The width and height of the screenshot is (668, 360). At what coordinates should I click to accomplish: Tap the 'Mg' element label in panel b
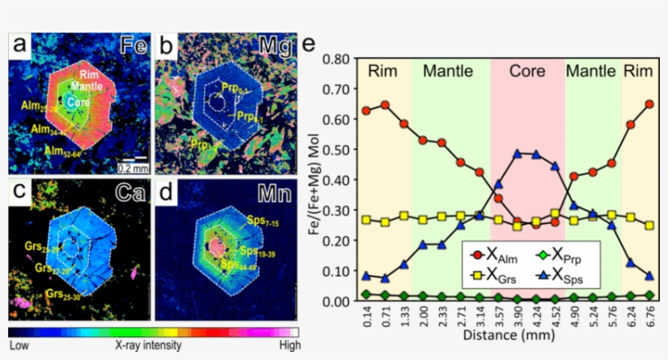coord(279,47)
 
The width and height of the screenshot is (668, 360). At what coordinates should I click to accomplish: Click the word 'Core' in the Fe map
coord(79,103)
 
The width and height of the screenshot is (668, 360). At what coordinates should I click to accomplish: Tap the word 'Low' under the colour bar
coord(20,345)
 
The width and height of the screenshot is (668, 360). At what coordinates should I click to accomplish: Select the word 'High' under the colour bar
coord(287,345)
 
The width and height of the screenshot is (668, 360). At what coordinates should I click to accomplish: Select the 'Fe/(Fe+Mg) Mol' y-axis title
coord(313,181)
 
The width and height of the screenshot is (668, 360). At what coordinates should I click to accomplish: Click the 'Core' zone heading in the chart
coord(527,71)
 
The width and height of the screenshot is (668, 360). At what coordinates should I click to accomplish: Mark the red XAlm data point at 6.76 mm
coord(649,104)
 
